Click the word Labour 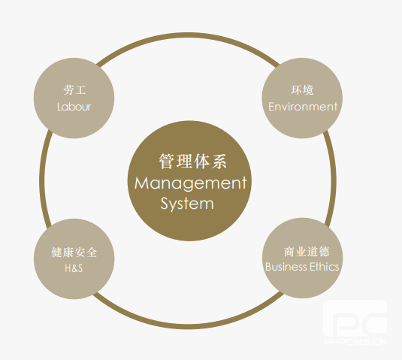[x=74, y=107]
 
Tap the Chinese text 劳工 [x=74, y=90]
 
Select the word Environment [x=303, y=107]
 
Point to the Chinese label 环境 [x=302, y=90]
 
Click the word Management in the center [x=190, y=183]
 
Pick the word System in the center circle [x=187, y=204]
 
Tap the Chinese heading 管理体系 [x=192, y=162]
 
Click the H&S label [x=74, y=268]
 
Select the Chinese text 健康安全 [x=74, y=253]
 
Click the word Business [x=286, y=267]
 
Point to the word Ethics [x=325, y=267]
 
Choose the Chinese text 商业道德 [x=307, y=252]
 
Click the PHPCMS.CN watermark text [x=356, y=342]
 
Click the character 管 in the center [x=167, y=162]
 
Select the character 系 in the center [x=219, y=162]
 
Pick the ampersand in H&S [x=74, y=269]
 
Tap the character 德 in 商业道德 [x=324, y=252]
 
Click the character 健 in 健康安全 [x=56, y=253]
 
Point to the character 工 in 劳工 [x=80, y=90]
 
